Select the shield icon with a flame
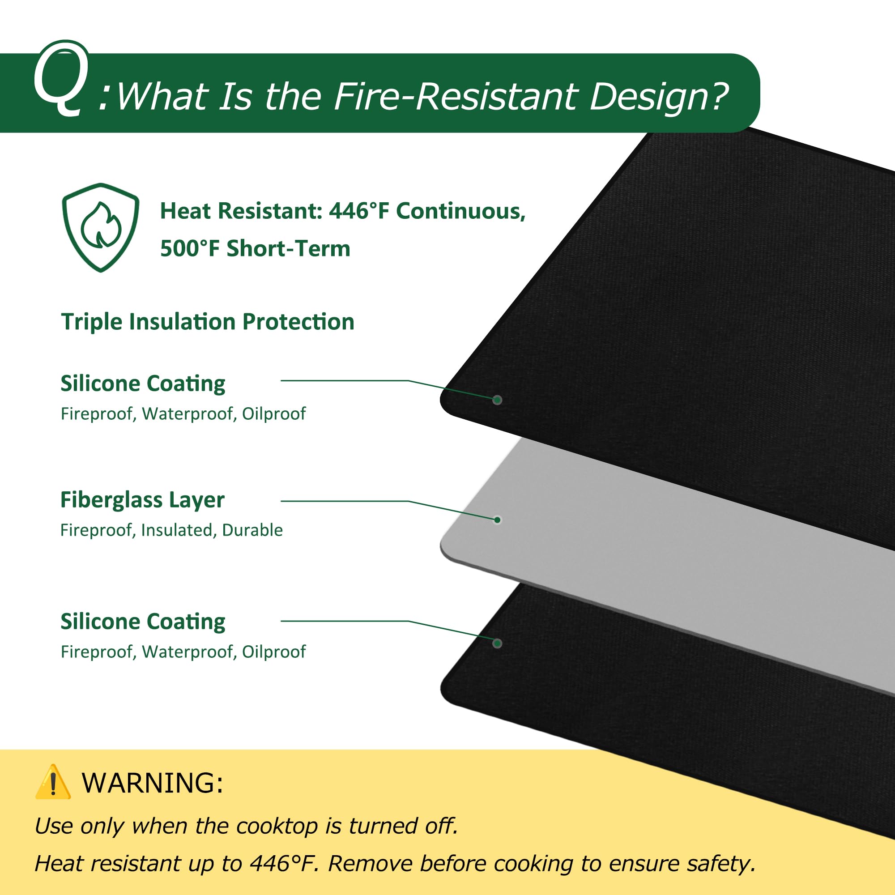pos(101,227)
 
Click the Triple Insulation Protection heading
pos(208,321)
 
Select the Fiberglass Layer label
pos(142,500)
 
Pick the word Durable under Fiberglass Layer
pos(252,530)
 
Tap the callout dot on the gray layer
pos(498,520)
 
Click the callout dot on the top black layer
pos(498,400)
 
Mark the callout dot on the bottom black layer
pos(498,644)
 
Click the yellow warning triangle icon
pos(53,782)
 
